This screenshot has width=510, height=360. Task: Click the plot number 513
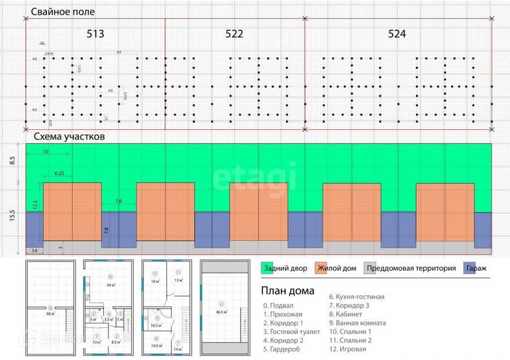coord(96,34)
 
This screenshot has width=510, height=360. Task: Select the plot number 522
coord(234,34)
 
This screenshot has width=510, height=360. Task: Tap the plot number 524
coord(397,34)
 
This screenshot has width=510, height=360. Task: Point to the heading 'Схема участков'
coord(69,136)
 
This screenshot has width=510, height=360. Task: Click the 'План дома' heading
coord(288,291)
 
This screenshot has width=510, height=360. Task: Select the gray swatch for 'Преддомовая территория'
coord(370,268)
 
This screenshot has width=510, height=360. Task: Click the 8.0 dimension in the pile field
coord(119,52)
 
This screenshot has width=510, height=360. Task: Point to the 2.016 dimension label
coord(49,53)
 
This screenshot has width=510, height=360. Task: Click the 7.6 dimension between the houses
coord(119,201)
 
